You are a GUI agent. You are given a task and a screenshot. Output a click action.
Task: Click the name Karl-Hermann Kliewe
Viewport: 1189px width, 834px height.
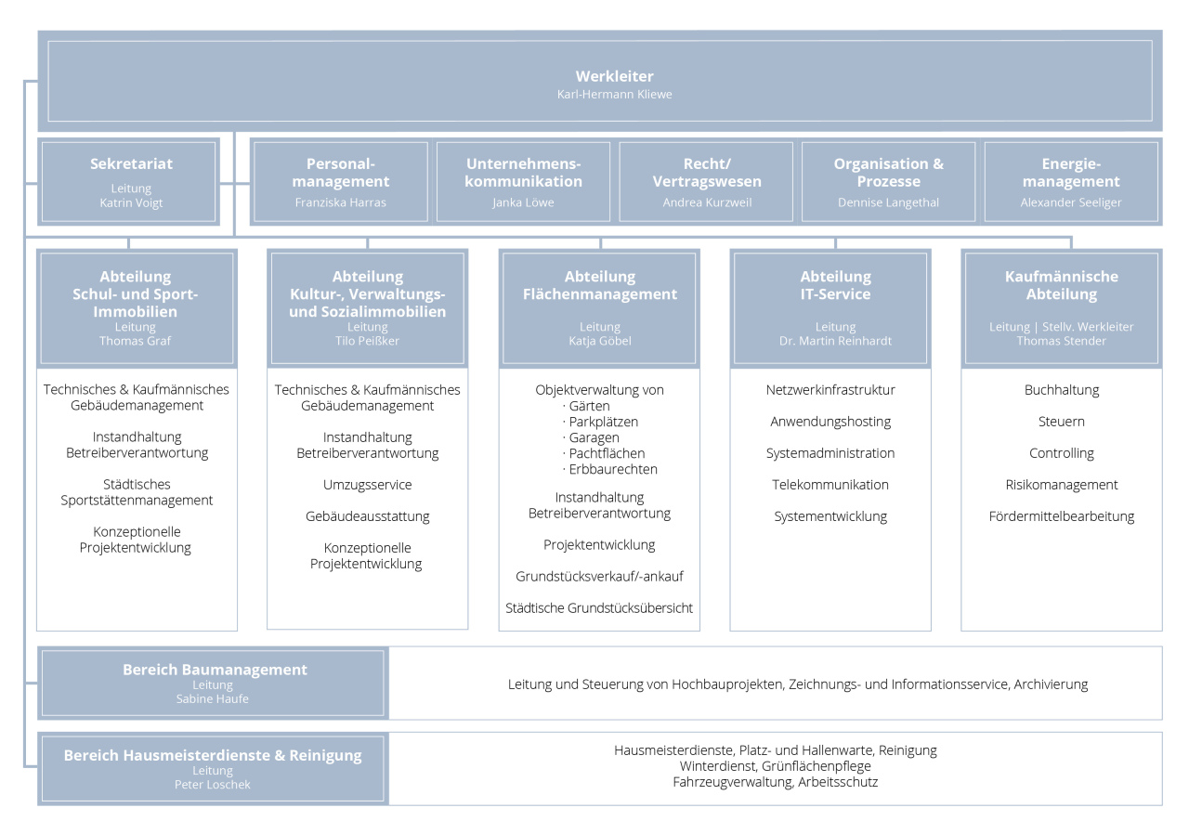click(x=614, y=95)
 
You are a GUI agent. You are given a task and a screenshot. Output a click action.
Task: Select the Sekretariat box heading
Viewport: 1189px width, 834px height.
click(x=131, y=163)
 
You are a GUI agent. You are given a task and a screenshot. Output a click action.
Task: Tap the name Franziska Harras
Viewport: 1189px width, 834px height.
click(x=340, y=202)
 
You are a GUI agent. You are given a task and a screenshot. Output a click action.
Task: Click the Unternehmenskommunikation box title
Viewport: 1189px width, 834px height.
click(x=523, y=173)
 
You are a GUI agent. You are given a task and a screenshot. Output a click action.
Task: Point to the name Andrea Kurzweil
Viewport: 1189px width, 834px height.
click(x=707, y=202)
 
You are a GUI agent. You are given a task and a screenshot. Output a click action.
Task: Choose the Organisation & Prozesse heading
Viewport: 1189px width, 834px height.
click(x=889, y=173)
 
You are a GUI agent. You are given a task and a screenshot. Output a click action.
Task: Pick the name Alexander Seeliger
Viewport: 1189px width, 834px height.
click(x=1071, y=202)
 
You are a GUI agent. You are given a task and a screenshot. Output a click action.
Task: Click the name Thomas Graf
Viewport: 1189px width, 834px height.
click(x=136, y=341)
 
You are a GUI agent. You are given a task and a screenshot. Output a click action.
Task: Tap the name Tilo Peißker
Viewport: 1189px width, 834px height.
click(x=367, y=341)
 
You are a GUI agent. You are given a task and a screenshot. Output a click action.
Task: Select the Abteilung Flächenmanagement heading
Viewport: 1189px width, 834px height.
click(x=600, y=285)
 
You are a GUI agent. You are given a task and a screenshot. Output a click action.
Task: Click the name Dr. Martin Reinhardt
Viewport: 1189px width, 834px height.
click(x=835, y=341)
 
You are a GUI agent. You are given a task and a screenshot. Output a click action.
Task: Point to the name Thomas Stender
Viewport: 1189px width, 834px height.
click(x=1061, y=341)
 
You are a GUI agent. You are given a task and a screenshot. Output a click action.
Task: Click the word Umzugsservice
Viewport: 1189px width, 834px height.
click(x=367, y=485)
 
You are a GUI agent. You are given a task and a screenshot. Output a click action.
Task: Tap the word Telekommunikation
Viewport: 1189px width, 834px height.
click(x=830, y=485)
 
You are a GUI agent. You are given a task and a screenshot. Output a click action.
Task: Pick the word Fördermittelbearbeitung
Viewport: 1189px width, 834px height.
click(x=1061, y=516)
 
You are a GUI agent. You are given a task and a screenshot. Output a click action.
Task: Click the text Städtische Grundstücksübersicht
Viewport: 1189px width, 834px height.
click(x=599, y=608)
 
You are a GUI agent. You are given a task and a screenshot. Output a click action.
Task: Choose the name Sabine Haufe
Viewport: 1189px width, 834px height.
click(x=213, y=698)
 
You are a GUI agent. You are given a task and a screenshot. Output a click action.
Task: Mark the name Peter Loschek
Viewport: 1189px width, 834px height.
click(x=213, y=784)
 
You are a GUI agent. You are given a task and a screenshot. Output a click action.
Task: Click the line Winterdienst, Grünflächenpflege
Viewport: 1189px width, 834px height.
click(x=775, y=766)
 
